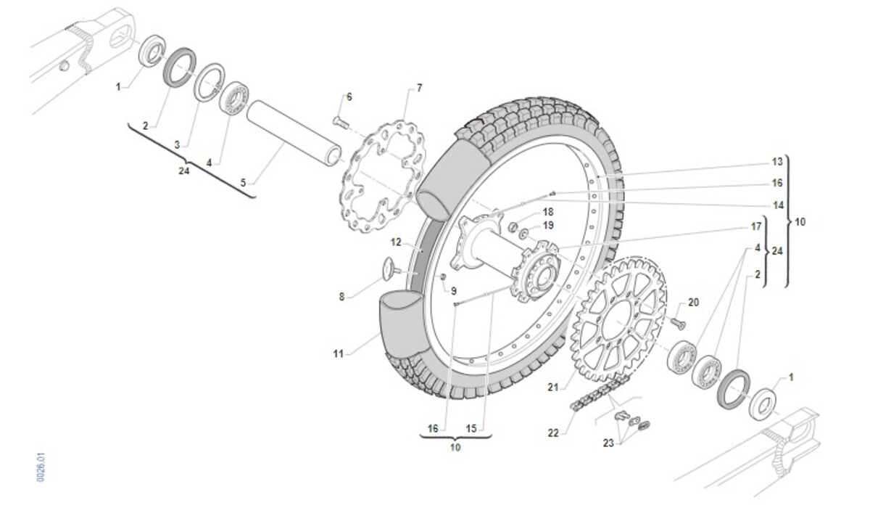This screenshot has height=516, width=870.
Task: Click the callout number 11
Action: click(338, 353)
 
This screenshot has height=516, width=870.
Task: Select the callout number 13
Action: click(777, 162)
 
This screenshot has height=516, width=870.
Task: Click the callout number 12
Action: click(396, 242)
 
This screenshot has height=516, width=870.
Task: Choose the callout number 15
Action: click(471, 429)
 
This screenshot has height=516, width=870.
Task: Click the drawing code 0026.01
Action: click(42, 468)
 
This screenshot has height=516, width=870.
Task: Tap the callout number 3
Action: click(176, 145)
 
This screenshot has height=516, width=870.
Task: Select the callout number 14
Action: click(777, 205)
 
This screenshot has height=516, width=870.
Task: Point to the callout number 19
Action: click(548, 226)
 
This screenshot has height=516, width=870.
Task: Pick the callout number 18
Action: click(547, 211)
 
